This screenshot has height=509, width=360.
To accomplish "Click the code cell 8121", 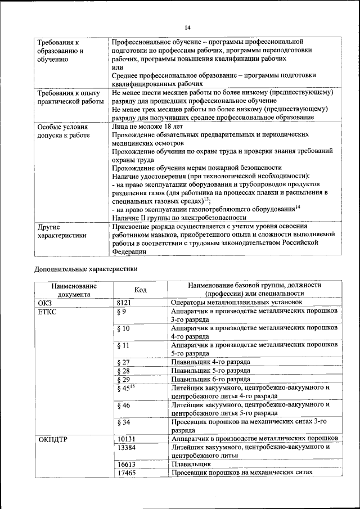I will pyautogui.click(x=124, y=302).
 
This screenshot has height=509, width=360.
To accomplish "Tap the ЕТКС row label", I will pyautogui.click(x=48, y=311).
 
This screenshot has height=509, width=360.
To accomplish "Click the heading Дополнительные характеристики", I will pyautogui.click(x=85, y=269).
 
